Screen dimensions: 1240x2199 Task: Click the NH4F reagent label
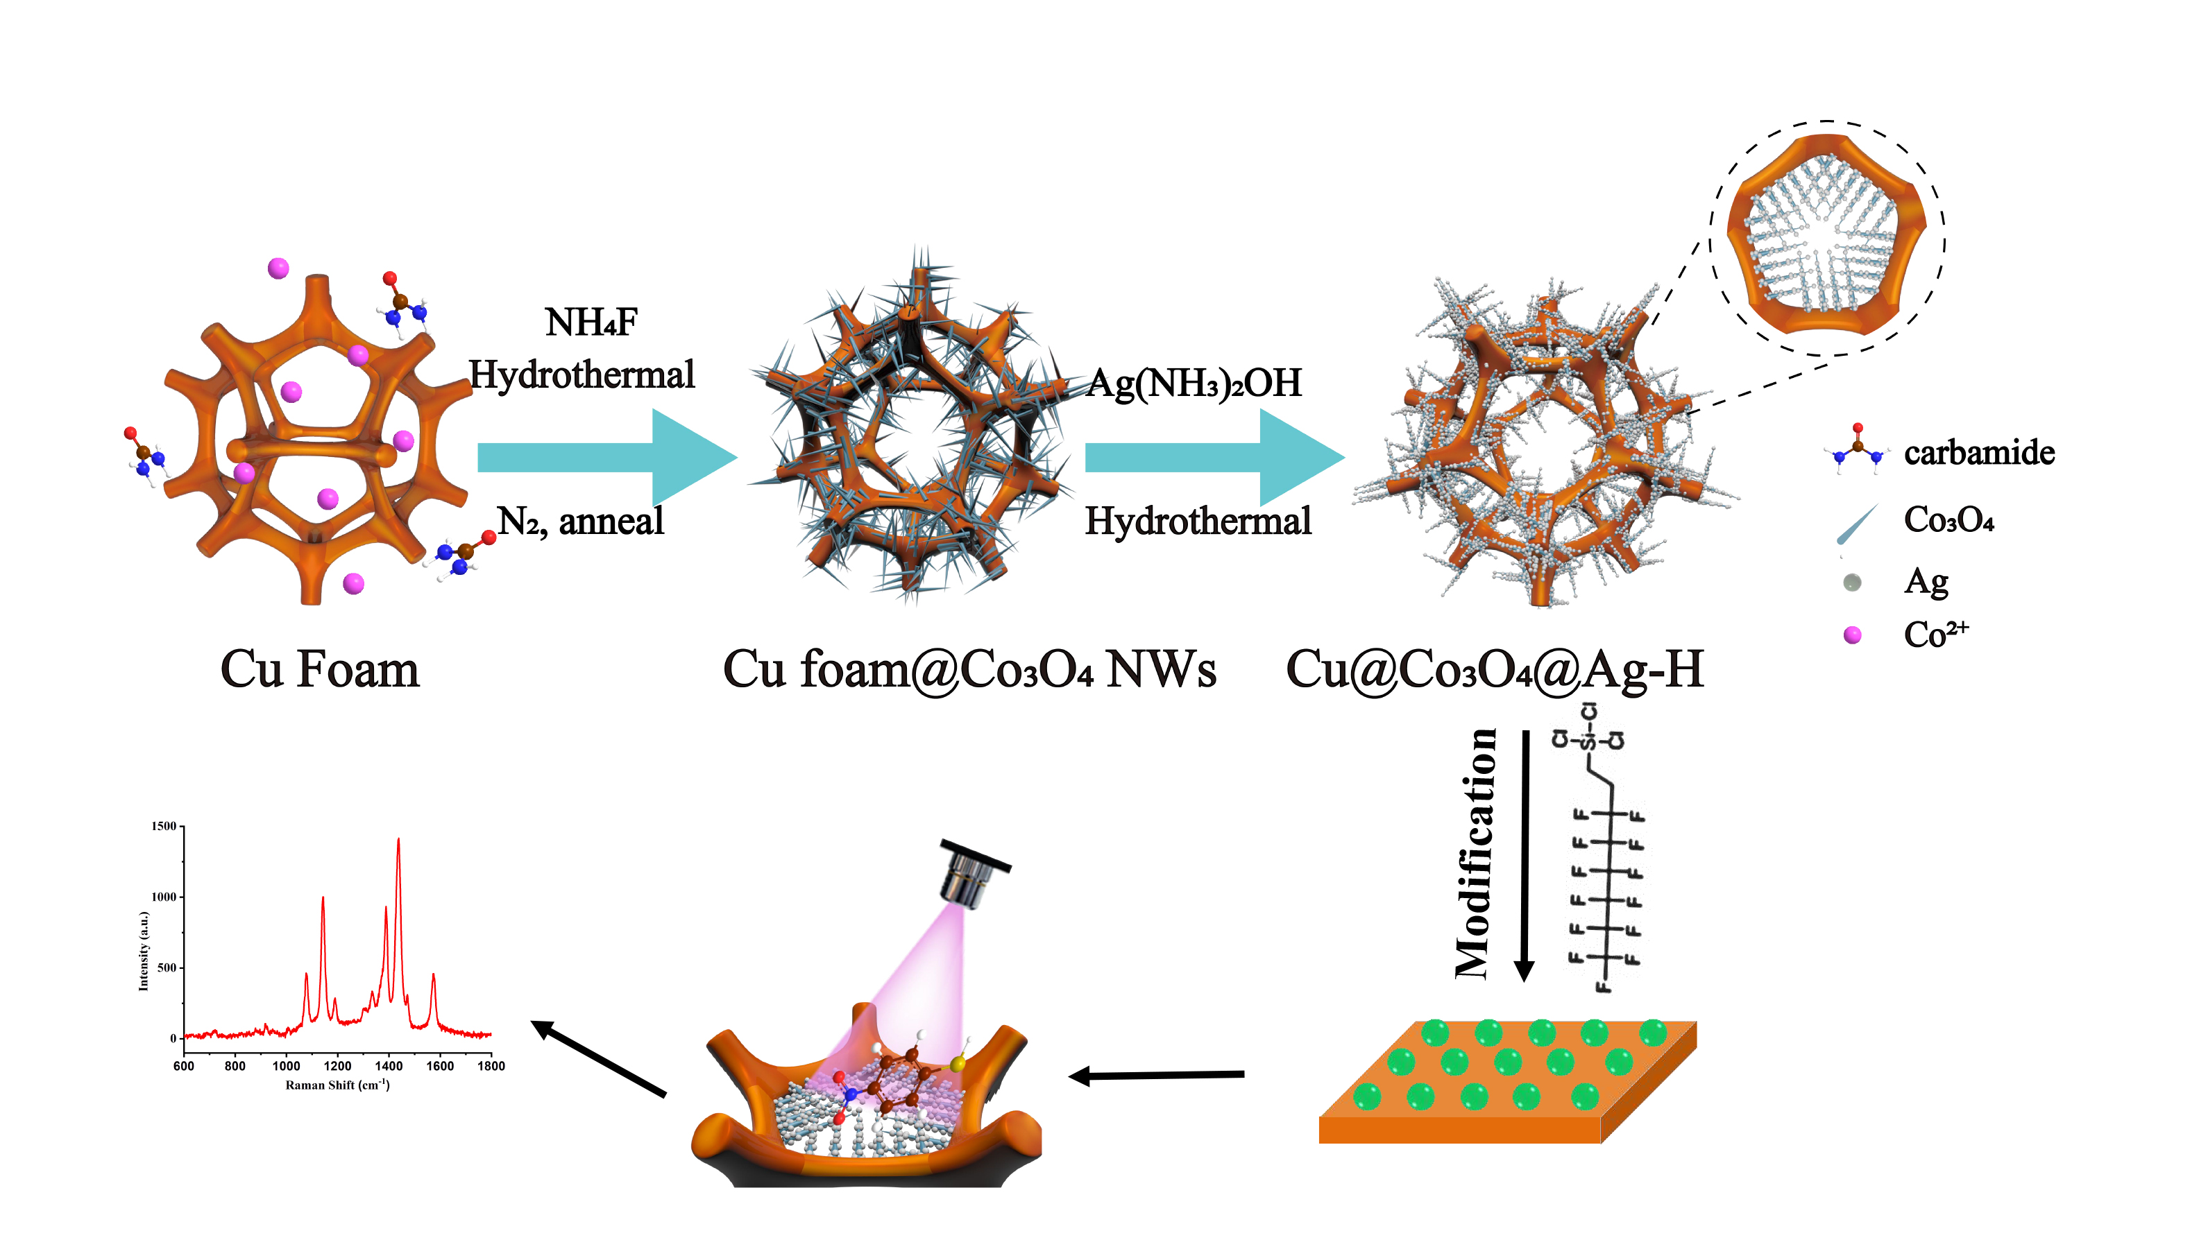[591, 323]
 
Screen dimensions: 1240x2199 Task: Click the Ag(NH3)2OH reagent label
[1194, 384]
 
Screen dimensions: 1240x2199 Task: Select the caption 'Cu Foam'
[319, 669]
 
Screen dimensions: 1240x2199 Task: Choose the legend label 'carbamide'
[1979, 452]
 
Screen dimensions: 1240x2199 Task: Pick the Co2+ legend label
[1935, 634]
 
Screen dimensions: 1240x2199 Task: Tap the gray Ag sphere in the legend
[1851, 583]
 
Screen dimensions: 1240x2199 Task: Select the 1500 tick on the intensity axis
[163, 826]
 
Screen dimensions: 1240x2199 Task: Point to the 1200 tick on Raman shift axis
[337, 1066]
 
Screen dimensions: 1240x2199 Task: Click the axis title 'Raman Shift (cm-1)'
[337, 1085]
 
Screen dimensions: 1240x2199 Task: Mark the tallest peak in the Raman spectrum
[398, 841]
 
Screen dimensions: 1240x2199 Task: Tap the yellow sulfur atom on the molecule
[958, 1063]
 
